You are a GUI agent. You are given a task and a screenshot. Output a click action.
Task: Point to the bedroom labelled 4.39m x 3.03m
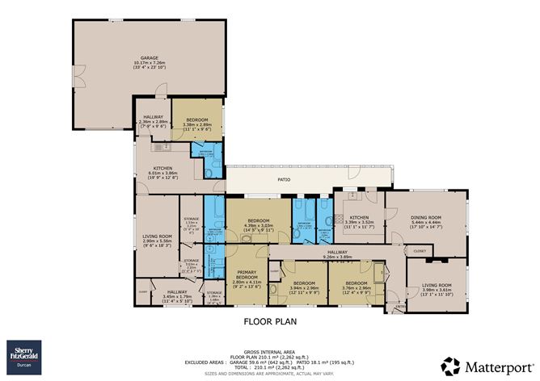(259, 224)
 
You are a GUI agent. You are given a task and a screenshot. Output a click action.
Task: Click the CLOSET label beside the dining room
(419, 252)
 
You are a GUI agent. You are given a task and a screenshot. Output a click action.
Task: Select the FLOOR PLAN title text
(270, 321)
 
